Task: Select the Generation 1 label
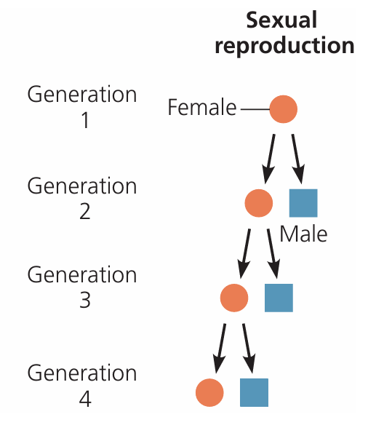pyautogui.click(x=82, y=107)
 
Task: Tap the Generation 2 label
pyautogui.click(x=82, y=198)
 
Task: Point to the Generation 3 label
pyautogui.click(x=82, y=287)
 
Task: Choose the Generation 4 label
pyautogui.click(x=82, y=384)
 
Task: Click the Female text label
pyautogui.click(x=201, y=108)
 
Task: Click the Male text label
pyautogui.click(x=303, y=234)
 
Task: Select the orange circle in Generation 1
pyautogui.click(x=284, y=110)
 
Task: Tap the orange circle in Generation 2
pyautogui.click(x=258, y=203)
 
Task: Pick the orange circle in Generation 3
pyautogui.click(x=233, y=297)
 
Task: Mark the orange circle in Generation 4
pyautogui.click(x=209, y=392)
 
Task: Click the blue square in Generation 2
pyautogui.click(x=303, y=203)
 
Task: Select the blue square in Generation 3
pyautogui.click(x=278, y=297)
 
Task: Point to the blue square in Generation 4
pyautogui.click(x=254, y=392)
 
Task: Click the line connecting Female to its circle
pyautogui.click(x=255, y=110)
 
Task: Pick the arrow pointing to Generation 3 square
pyautogui.click(x=273, y=252)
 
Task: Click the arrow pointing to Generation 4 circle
pyautogui.click(x=220, y=347)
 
